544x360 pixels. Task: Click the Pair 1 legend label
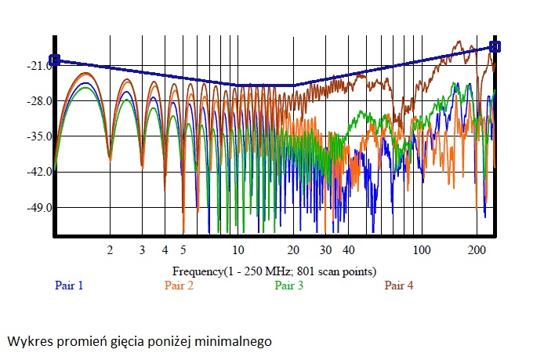(x=69, y=285)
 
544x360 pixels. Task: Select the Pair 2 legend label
(x=179, y=285)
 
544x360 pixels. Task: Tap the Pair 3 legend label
(x=288, y=285)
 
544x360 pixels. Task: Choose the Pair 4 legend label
(x=399, y=285)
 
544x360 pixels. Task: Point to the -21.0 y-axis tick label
(x=39, y=65)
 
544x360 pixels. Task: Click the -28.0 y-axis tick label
(x=39, y=101)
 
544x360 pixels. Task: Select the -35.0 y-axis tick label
(x=39, y=136)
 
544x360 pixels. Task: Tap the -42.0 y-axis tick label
(x=39, y=172)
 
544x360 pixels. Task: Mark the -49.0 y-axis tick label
(x=39, y=208)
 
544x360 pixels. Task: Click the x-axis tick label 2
(x=110, y=250)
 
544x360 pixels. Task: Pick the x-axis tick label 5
(x=183, y=250)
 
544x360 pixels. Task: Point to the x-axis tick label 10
(x=238, y=250)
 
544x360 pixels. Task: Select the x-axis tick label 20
(x=293, y=250)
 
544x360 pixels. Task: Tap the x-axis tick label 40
(x=348, y=250)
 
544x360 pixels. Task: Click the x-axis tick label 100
(x=422, y=250)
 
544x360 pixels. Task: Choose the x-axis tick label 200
(x=477, y=250)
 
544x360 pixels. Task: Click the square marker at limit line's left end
(x=54, y=60)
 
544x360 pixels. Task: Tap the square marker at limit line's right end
(x=495, y=46)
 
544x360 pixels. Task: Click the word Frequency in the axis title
(x=198, y=271)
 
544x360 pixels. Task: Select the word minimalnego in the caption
(x=233, y=341)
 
